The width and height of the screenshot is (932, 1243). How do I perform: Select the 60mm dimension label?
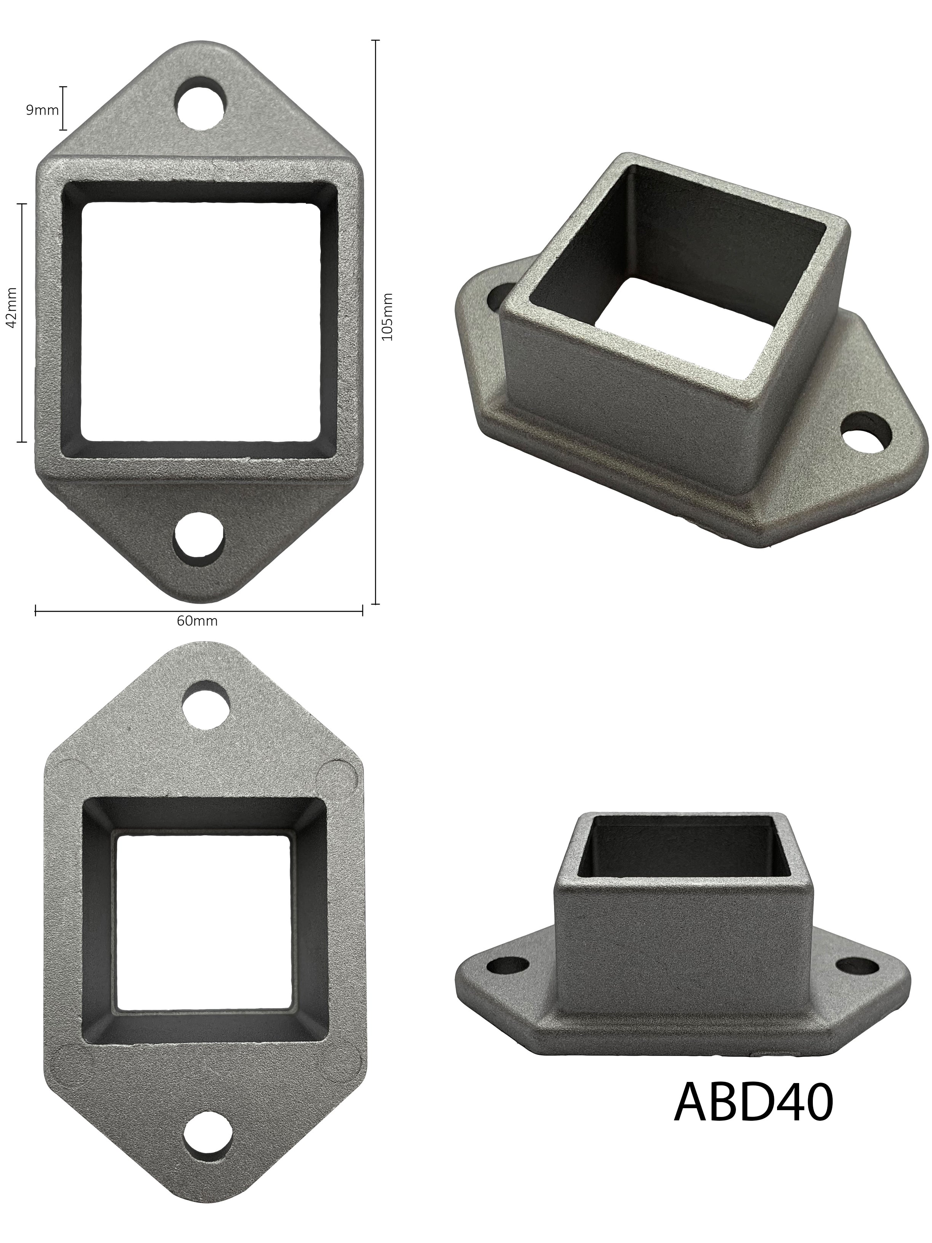pyautogui.click(x=196, y=621)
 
